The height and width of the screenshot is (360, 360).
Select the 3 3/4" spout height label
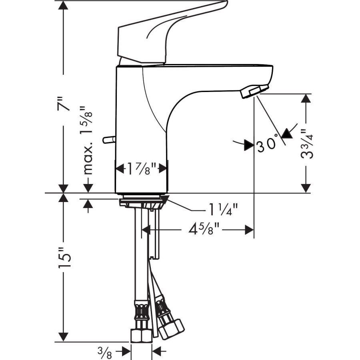click(x=307, y=144)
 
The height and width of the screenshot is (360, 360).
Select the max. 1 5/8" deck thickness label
click(x=88, y=140)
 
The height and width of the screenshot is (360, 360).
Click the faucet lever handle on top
click(x=168, y=32)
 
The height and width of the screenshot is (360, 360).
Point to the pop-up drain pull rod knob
click(x=107, y=139)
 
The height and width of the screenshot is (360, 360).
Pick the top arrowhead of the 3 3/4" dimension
click(x=306, y=99)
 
